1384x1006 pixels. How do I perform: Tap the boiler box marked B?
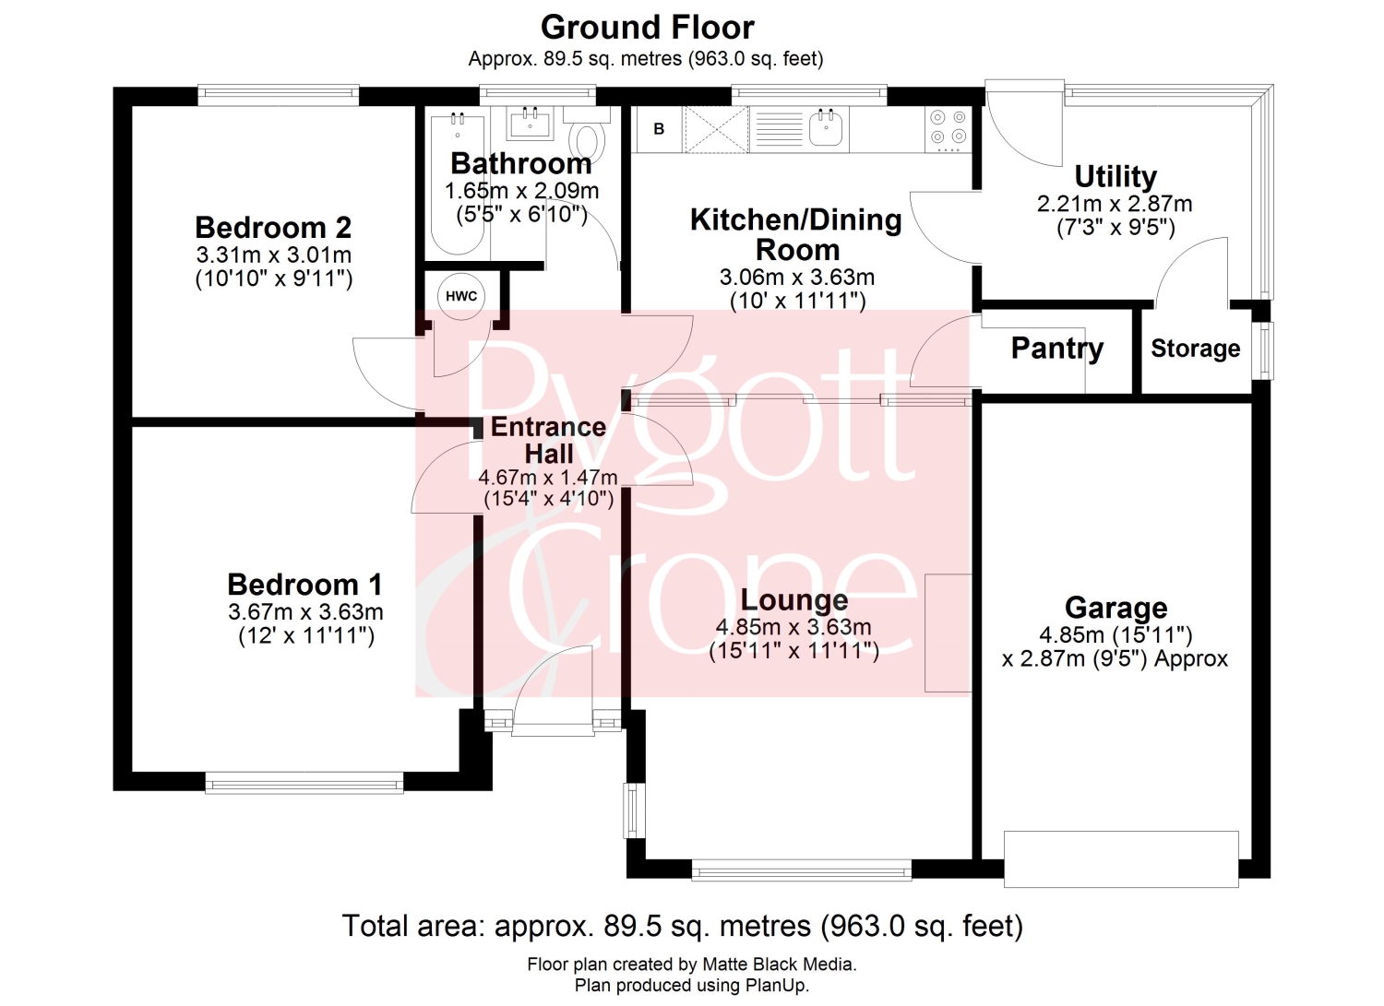(x=660, y=129)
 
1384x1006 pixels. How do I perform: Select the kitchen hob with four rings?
(x=949, y=129)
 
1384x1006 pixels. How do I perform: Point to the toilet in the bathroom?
(x=587, y=135)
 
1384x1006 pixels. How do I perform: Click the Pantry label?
(x=1057, y=349)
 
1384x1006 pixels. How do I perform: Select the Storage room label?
(x=1196, y=349)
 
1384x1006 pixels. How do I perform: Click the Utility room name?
(x=1116, y=177)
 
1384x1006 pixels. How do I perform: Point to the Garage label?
(x=1116, y=608)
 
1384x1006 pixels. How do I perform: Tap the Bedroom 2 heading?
(x=273, y=227)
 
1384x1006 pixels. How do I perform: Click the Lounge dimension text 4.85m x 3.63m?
(x=793, y=627)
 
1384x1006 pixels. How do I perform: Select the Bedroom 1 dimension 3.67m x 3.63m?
(x=305, y=612)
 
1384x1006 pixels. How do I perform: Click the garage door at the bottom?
(x=1121, y=859)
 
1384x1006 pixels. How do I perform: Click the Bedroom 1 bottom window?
(x=304, y=783)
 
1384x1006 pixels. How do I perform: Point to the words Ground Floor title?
(x=648, y=28)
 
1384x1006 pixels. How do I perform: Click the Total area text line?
(x=682, y=926)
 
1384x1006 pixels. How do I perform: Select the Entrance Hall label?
(x=549, y=441)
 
